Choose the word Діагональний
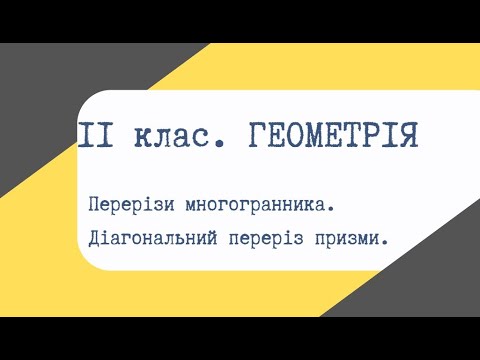click(156, 240)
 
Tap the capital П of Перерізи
click(94, 204)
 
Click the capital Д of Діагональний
click(94, 240)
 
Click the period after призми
click(386, 246)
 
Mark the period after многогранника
click(330, 210)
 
